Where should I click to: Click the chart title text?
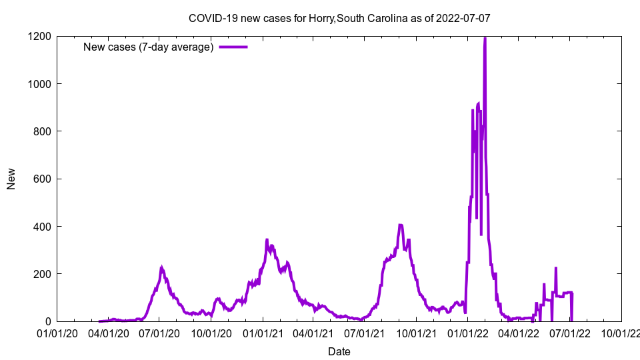(x=339, y=18)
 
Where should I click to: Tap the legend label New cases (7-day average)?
(x=148, y=47)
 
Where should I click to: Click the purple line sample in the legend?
(x=233, y=47)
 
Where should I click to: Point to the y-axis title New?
(x=11, y=179)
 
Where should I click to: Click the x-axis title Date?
(x=339, y=351)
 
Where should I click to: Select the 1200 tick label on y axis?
(x=40, y=36)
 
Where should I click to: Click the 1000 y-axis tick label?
(x=40, y=84)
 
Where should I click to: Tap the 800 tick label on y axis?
(x=43, y=131)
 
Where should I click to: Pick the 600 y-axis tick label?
(x=43, y=179)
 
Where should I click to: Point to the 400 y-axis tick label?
(x=43, y=227)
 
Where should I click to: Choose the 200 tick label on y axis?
(x=43, y=274)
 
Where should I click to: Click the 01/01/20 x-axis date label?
(x=57, y=332)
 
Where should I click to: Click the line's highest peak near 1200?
(x=485, y=38)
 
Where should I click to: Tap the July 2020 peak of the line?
(x=161, y=268)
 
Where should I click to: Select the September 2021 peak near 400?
(x=400, y=225)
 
